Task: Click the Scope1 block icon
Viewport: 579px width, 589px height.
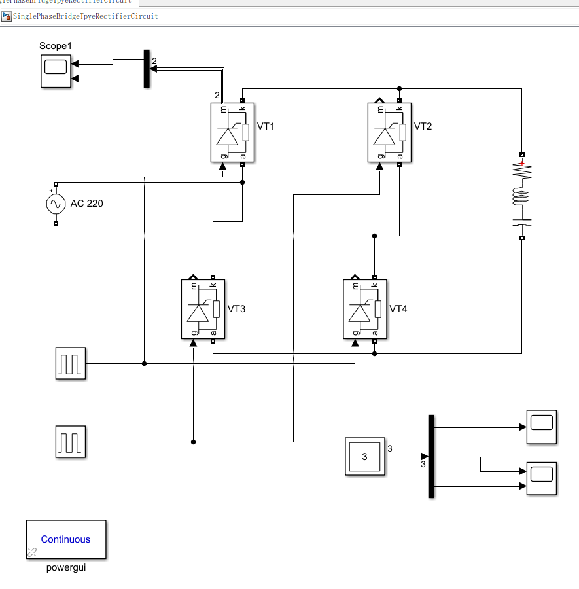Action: click(x=56, y=71)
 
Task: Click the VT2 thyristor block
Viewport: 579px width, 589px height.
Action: click(x=389, y=132)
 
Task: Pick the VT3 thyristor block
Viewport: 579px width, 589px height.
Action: click(x=203, y=309)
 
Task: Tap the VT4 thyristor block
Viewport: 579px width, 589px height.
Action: click(x=365, y=309)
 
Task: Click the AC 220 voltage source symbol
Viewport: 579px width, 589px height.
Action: click(x=56, y=204)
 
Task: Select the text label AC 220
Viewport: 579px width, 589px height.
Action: click(x=86, y=204)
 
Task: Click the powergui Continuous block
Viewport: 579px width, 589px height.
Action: click(x=66, y=539)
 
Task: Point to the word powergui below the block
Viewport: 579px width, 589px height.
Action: click(x=66, y=567)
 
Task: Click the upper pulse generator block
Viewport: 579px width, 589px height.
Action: click(x=70, y=363)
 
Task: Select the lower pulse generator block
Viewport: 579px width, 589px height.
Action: click(x=70, y=442)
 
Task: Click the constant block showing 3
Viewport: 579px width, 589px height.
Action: click(x=364, y=456)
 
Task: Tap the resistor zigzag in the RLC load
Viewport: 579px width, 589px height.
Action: click(x=521, y=171)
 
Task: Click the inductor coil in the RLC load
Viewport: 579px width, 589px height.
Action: click(x=521, y=196)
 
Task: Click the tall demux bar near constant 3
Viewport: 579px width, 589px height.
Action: click(x=431, y=456)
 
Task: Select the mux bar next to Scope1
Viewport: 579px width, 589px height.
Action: click(x=147, y=69)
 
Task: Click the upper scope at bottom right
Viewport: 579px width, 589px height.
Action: click(x=542, y=427)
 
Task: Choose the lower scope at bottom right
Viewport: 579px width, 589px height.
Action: click(x=542, y=478)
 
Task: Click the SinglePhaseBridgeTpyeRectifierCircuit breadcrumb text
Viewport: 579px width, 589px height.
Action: click(x=85, y=16)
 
